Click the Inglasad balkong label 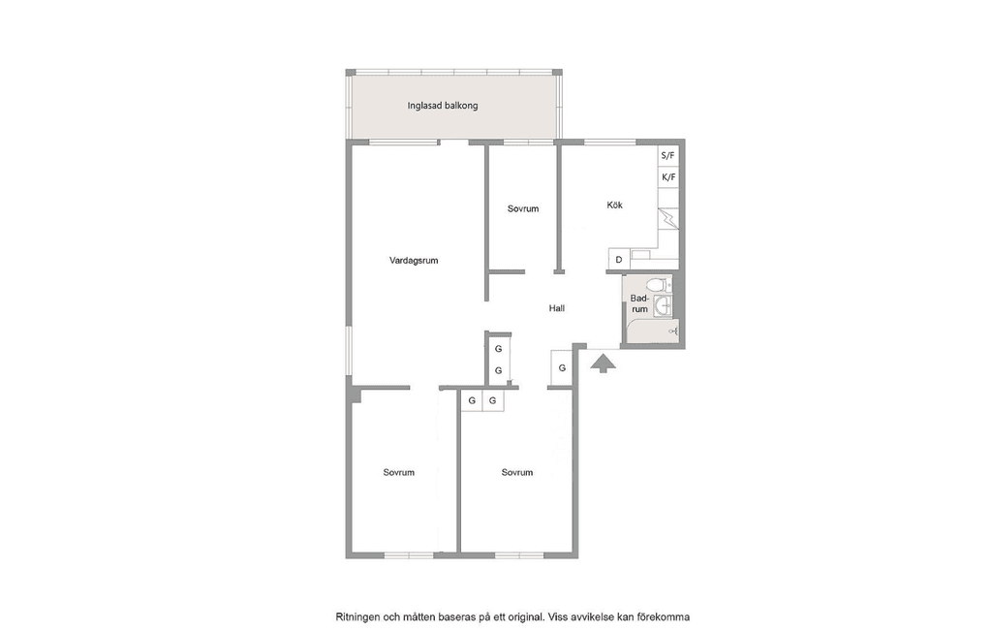coord(442,106)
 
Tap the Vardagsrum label coord(414,261)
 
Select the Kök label coord(614,205)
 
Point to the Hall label coord(557,308)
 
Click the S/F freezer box coord(668,156)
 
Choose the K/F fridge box coord(668,177)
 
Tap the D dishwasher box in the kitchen coord(619,260)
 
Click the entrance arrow coord(603,363)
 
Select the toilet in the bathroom coord(659,285)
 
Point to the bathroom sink coord(663,306)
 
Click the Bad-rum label coord(639,303)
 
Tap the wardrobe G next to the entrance coord(562,368)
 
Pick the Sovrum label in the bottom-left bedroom coord(398,472)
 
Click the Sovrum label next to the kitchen coord(523,209)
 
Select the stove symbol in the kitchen coord(668,218)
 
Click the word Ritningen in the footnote coord(356,616)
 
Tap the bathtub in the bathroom coord(652,332)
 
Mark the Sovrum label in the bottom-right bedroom coord(517,472)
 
